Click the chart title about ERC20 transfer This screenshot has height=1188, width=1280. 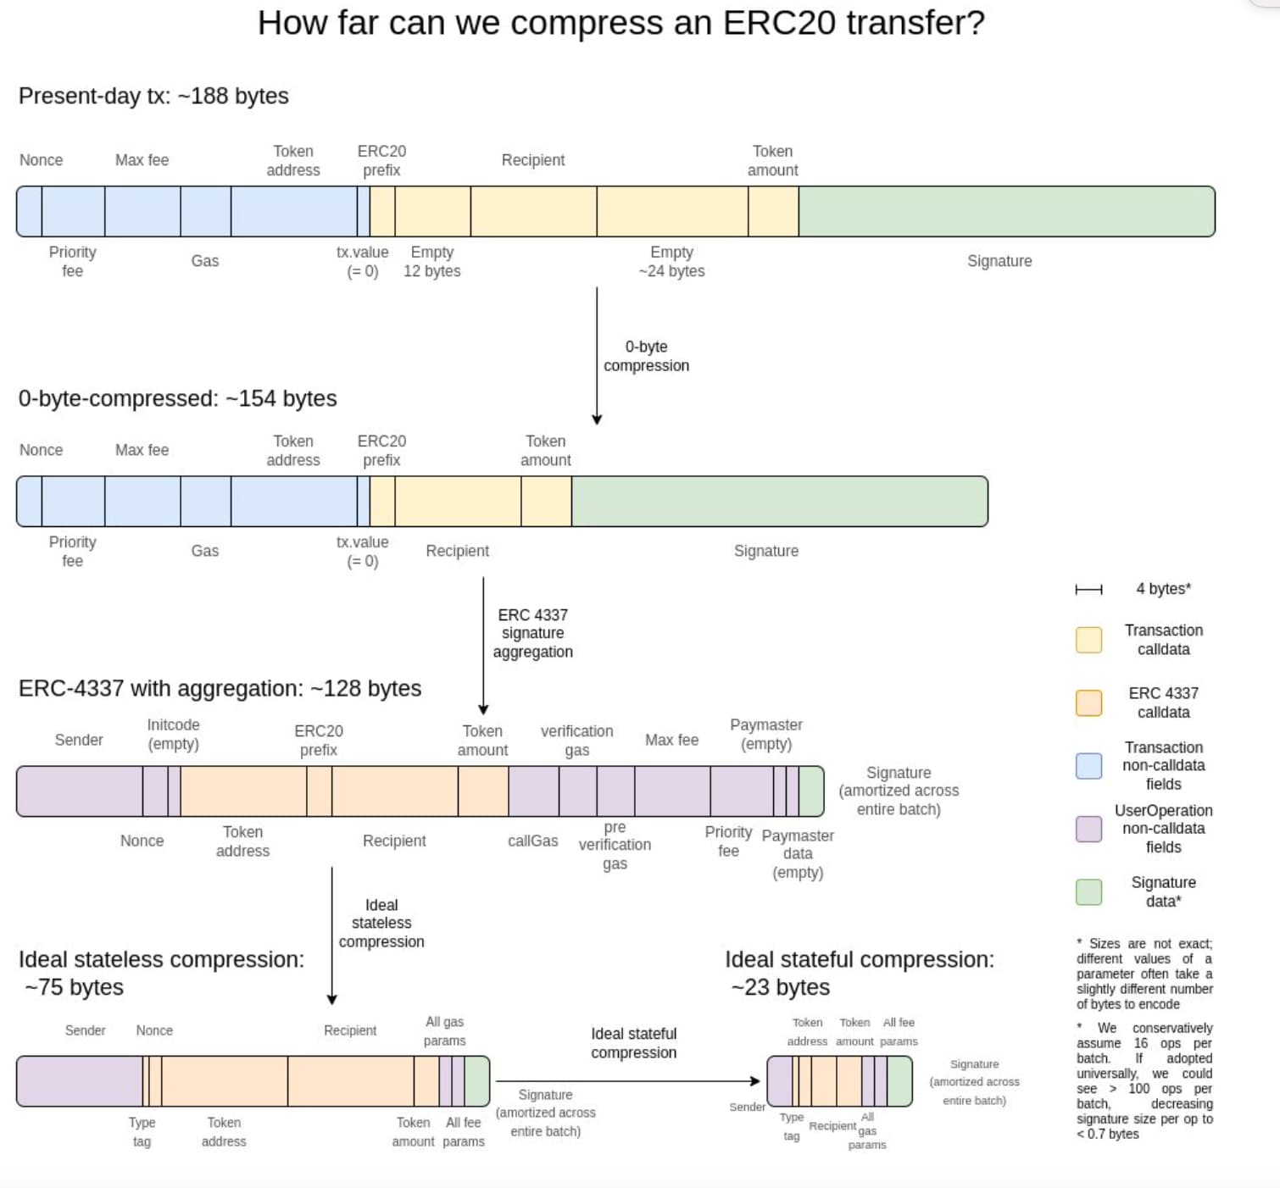[x=621, y=23]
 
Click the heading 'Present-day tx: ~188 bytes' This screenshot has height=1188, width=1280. [x=153, y=96]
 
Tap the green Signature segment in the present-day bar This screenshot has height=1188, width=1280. [x=1006, y=212]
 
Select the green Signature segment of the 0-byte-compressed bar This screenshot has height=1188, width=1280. [x=779, y=502]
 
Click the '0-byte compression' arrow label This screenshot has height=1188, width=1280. [x=646, y=356]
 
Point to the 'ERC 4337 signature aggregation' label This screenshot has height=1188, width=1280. [x=532, y=633]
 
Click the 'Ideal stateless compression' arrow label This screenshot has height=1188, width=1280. [x=381, y=923]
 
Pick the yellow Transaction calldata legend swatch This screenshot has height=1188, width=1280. [x=1088, y=640]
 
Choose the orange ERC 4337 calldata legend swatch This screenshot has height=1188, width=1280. [x=1088, y=702]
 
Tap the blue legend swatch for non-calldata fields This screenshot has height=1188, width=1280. [x=1088, y=765]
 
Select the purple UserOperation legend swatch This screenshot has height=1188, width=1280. [x=1088, y=829]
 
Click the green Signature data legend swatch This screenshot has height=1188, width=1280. [x=1088, y=891]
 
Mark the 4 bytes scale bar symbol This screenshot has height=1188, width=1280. [x=1088, y=589]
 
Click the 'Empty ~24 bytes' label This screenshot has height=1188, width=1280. [x=671, y=262]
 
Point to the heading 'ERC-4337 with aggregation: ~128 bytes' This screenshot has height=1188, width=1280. [x=220, y=688]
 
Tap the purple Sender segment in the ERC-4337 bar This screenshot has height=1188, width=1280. [x=79, y=791]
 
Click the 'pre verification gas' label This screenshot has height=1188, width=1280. [x=615, y=845]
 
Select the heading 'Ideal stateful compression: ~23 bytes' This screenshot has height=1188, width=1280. [x=859, y=973]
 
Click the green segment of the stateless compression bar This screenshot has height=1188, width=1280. [x=476, y=1081]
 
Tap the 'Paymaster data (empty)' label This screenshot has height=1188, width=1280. [x=798, y=853]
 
